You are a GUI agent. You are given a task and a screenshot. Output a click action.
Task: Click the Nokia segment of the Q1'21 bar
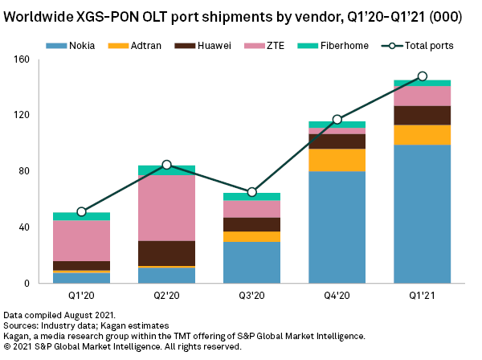pos(422,214)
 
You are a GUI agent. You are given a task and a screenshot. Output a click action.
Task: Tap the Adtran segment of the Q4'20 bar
pos(337,160)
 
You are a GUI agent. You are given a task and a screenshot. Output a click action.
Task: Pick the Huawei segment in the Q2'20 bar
pos(166,253)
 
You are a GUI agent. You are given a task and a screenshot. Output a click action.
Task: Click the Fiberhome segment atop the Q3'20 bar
pos(251,196)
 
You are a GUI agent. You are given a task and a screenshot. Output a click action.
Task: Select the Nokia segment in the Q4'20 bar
pos(337,227)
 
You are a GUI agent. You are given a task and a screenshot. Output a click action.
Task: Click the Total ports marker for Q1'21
pos(422,76)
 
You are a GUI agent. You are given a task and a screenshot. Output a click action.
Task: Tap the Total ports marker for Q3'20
pos(251,192)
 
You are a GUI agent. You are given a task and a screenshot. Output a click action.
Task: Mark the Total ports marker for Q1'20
pos(81,212)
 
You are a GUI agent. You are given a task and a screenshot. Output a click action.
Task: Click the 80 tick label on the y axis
pos(23,171)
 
